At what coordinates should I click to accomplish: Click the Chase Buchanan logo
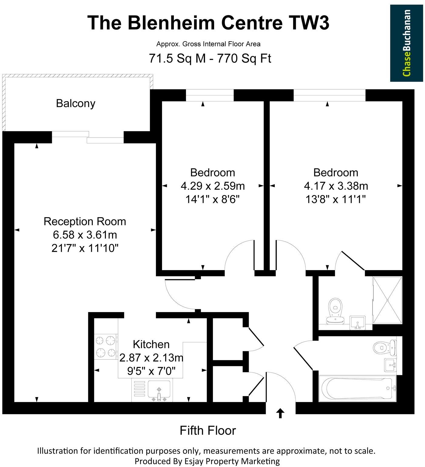(x=406, y=43)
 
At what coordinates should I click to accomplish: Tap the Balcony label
(x=76, y=103)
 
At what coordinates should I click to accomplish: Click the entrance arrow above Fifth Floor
(x=280, y=413)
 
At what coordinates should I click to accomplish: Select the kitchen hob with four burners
(x=106, y=346)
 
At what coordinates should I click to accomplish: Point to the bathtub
(x=357, y=388)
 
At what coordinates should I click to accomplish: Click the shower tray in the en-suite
(x=387, y=300)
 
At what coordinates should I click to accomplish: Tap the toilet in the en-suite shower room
(x=336, y=310)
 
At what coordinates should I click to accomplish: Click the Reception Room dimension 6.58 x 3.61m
(x=85, y=235)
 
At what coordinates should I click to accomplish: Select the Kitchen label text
(x=151, y=344)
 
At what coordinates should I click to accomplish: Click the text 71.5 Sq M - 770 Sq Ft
(x=210, y=58)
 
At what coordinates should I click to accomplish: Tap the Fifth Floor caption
(x=207, y=431)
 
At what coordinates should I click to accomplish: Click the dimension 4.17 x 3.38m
(x=336, y=186)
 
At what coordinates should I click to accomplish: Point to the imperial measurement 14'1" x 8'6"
(x=212, y=199)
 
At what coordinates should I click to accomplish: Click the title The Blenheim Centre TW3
(x=208, y=23)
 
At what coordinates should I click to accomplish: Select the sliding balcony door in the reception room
(x=88, y=137)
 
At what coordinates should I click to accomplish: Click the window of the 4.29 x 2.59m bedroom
(x=210, y=95)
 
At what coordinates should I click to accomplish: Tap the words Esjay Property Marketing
(x=232, y=461)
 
